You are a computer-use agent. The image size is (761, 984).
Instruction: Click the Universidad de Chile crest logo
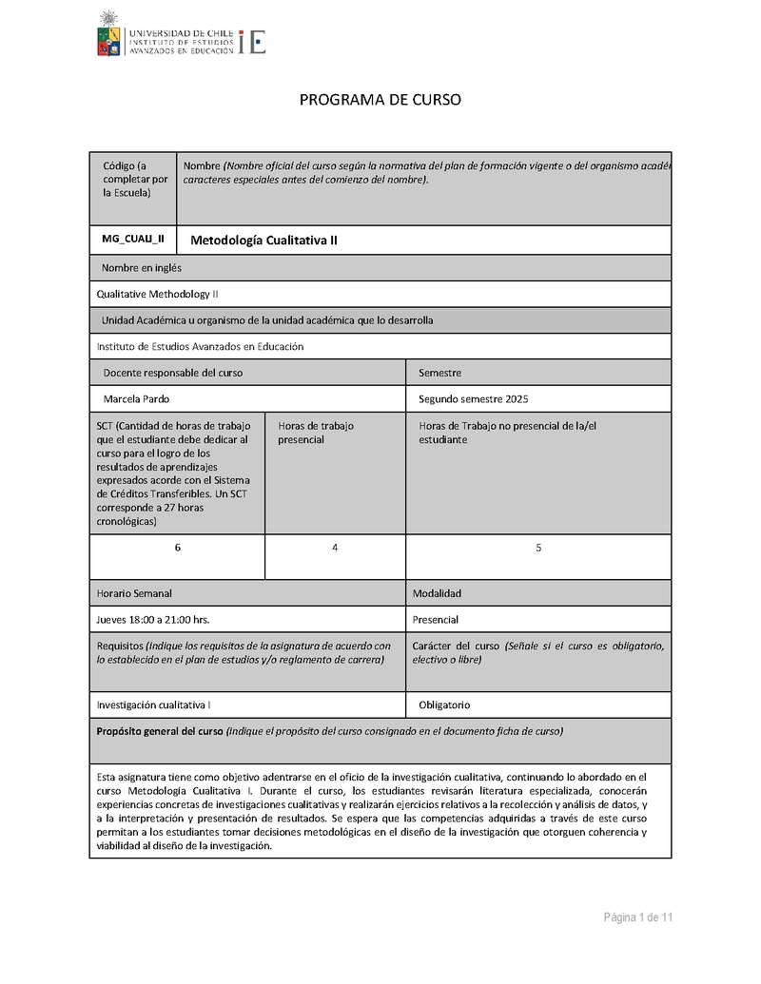tap(109, 34)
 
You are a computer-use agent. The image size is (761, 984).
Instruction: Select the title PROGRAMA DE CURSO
tap(380, 100)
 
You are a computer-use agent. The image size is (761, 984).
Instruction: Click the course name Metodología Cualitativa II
tap(264, 241)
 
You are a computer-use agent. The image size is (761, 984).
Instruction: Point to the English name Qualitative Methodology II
tap(158, 294)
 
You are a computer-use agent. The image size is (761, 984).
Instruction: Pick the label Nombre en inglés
tap(142, 268)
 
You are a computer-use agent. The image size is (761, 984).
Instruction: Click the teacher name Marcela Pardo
tap(136, 398)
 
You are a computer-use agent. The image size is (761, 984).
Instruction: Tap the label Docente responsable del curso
tap(172, 373)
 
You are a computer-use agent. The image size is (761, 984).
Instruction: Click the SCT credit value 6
tap(177, 548)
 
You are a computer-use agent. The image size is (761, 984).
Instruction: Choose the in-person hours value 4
tap(335, 548)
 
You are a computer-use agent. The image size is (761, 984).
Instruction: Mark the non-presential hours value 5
tap(538, 548)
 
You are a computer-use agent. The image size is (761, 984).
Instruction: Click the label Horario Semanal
tap(134, 593)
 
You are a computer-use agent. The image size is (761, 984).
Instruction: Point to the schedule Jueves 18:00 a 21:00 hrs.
tap(153, 620)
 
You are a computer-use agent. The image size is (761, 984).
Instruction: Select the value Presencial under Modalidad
tap(436, 620)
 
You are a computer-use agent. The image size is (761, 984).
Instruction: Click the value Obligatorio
tap(444, 705)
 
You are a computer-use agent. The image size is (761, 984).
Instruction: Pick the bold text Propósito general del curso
tap(160, 731)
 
